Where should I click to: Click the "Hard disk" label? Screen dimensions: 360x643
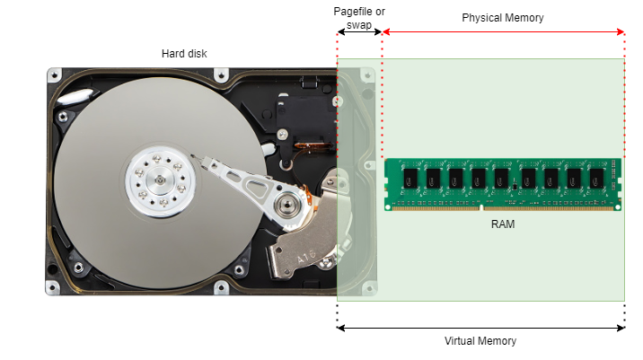184,54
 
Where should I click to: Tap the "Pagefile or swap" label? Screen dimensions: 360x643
359,17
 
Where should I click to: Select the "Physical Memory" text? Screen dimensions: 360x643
502,18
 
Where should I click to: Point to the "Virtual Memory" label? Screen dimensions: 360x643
480,341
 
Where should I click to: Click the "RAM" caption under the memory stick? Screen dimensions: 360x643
502,224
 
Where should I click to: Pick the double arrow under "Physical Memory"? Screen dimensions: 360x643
503,32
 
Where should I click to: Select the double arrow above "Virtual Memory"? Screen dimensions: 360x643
480,328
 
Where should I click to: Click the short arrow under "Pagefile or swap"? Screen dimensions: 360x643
359,32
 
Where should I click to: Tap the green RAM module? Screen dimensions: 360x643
503,184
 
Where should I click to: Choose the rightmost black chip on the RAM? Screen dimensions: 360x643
596,180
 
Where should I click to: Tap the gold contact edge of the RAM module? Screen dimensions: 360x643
503,207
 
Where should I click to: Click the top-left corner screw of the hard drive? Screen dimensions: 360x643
56,73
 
